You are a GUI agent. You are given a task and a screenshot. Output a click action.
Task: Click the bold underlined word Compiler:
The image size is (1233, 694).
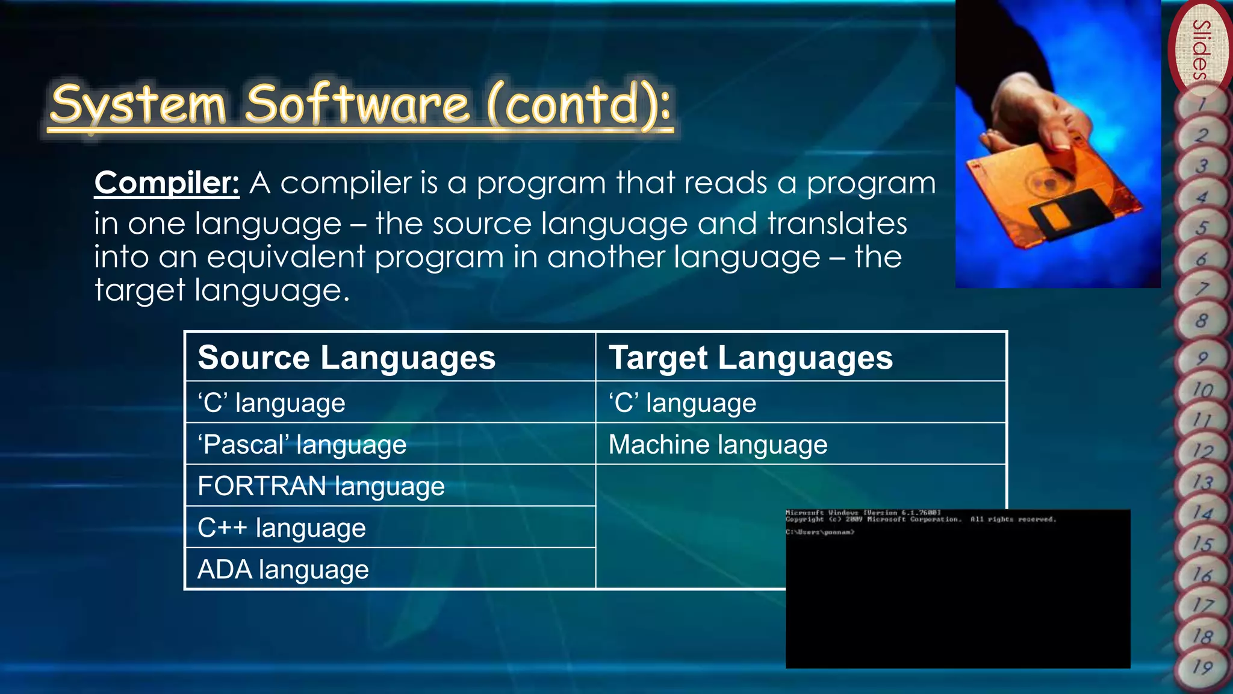pyautogui.click(x=167, y=183)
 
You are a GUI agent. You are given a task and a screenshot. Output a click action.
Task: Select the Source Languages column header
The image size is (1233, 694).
pyautogui.click(x=346, y=358)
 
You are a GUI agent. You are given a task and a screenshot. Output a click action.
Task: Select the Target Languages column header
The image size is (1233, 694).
pyautogui.click(x=750, y=358)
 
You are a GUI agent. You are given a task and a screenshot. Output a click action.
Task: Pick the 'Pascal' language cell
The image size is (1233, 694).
pyautogui.click(x=302, y=445)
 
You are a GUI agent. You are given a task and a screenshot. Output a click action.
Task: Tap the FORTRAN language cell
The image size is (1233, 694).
pyautogui.click(x=321, y=486)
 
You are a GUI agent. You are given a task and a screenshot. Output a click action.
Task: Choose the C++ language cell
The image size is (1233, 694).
pyautogui.click(x=281, y=528)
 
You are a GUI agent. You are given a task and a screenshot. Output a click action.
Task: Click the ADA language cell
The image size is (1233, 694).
pyautogui.click(x=283, y=570)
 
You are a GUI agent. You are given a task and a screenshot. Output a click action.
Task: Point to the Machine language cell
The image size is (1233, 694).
pyautogui.click(x=718, y=445)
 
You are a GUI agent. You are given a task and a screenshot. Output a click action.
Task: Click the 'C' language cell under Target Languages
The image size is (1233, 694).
pyautogui.click(x=682, y=403)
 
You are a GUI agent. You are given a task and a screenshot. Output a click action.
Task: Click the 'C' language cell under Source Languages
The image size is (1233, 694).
pyautogui.click(x=272, y=403)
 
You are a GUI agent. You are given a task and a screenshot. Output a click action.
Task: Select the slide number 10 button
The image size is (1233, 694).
pyautogui.click(x=1202, y=390)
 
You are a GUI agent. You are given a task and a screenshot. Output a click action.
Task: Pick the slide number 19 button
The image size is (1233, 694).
pyautogui.click(x=1202, y=667)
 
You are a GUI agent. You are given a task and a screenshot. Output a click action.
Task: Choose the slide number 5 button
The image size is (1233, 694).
pyautogui.click(x=1202, y=228)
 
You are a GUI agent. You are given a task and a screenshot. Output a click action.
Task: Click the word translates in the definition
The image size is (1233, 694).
pyautogui.click(x=837, y=224)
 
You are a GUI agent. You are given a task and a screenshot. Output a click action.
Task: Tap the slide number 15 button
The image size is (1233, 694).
pyautogui.click(x=1202, y=544)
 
